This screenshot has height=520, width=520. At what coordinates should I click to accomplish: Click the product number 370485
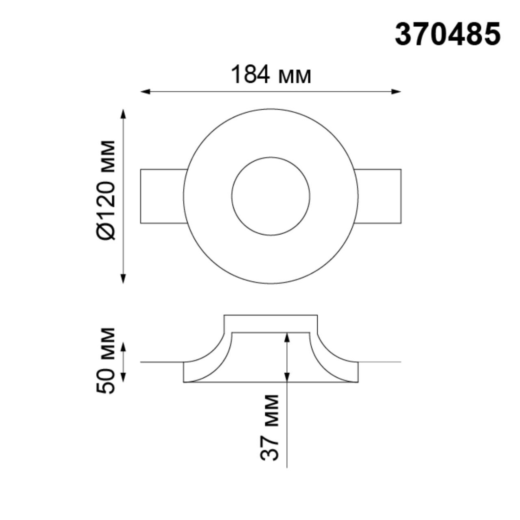447,35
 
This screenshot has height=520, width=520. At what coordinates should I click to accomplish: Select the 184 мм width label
271,75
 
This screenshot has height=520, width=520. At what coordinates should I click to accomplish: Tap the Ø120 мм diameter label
106,190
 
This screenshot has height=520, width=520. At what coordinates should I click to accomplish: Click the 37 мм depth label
270,427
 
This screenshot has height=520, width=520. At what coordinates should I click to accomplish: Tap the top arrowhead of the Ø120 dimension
123,114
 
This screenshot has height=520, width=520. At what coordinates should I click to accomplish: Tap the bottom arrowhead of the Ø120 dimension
123,279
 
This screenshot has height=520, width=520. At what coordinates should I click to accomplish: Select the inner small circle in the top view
271,196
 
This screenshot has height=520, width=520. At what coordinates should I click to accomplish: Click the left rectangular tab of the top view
163,196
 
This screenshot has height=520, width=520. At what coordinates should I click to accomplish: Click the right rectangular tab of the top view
379,196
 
